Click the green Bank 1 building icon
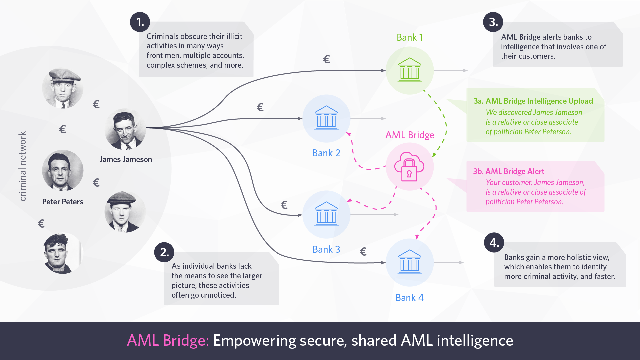click(410, 70)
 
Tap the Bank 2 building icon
click(326, 118)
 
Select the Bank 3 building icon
click(326, 214)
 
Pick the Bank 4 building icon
click(410, 262)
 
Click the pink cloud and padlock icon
click(409, 166)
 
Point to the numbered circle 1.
click(140, 22)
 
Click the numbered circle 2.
click(164, 252)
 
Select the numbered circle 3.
click(493, 22)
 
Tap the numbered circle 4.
click(494, 242)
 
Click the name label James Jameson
click(126, 159)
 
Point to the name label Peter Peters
click(63, 202)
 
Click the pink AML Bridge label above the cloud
click(410, 135)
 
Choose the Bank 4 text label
click(409, 298)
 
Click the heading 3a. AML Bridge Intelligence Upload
click(533, 101)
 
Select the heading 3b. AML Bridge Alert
click(508, 171)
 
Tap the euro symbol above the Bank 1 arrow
click(326, 59)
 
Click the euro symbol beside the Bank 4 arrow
click(363, 252)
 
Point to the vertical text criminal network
click(22, 166)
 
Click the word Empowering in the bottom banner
click(255, 341)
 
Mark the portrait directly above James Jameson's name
click(125, 129)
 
